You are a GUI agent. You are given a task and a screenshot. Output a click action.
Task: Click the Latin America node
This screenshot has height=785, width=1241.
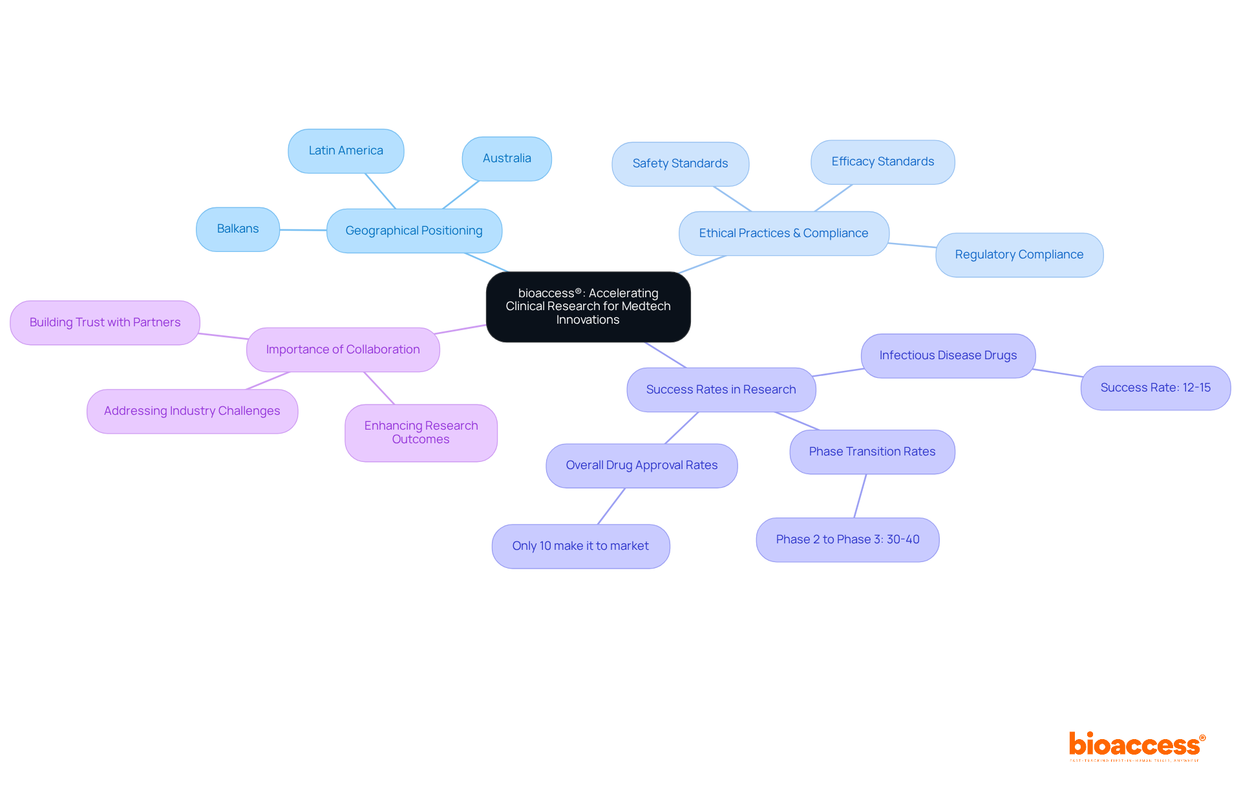pyautogui.click(x=346, y=151)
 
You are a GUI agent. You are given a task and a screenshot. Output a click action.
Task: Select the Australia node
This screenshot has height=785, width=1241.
pyautogui.click(x=507, y=159)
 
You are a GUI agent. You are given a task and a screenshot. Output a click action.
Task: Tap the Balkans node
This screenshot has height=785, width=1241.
pyautogui.click(x=238, y=229)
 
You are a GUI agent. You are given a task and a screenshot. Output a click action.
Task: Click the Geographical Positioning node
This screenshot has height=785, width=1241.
pyautogui.click(x=414, y=231)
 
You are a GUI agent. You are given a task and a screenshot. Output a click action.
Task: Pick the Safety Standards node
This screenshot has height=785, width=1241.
pyautogui.click(x=680, y=164)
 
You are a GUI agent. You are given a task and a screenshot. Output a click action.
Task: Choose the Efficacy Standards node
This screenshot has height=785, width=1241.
pyautogui.click(x=882, y=162)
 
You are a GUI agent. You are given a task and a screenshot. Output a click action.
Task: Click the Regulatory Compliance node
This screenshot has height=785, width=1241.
pyautogui.click(x=1019, y=255)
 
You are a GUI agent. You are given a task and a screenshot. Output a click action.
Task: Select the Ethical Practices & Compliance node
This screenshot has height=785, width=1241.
pyautogui.click(x=783, y=233)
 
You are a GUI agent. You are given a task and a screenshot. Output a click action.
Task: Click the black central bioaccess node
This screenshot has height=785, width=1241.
pyautogui.click(x=588, y=307)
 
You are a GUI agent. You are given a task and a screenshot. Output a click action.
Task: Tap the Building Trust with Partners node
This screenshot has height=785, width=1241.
pyautogui.click(x=105, y=322)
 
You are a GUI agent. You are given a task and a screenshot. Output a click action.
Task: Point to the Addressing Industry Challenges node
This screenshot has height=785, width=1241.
pyautogui.click(x=192, y=412)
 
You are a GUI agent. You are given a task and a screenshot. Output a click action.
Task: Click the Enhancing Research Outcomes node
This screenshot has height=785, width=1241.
pyautogui.click(x=421, y=433)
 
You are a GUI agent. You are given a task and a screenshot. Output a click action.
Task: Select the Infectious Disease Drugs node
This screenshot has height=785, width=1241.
pyautogui.click(x=948, y=356)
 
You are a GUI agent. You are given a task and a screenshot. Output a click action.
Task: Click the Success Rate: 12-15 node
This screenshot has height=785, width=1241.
pyautogui.click(x=1155, y=388)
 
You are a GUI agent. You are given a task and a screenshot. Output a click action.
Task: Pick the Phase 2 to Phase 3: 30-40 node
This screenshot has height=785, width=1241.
pyautogui.click(x=847, y=540)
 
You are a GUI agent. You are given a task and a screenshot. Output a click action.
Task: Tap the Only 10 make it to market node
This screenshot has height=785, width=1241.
pyautogui.click(x=580, y=547)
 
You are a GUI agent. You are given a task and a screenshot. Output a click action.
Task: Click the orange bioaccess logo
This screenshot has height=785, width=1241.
pyautogui.click(x=1136, y=746)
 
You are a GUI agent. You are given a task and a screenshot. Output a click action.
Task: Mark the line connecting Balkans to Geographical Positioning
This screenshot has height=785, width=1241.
pyautogui.click(x=303, y=230)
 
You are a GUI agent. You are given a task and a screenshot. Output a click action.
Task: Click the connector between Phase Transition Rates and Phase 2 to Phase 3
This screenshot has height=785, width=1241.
pyautogui.click(x=860, y=496)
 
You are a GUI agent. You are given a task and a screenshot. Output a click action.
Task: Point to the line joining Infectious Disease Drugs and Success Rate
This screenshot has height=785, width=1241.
pyautogui.click(x=1058, y=373)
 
